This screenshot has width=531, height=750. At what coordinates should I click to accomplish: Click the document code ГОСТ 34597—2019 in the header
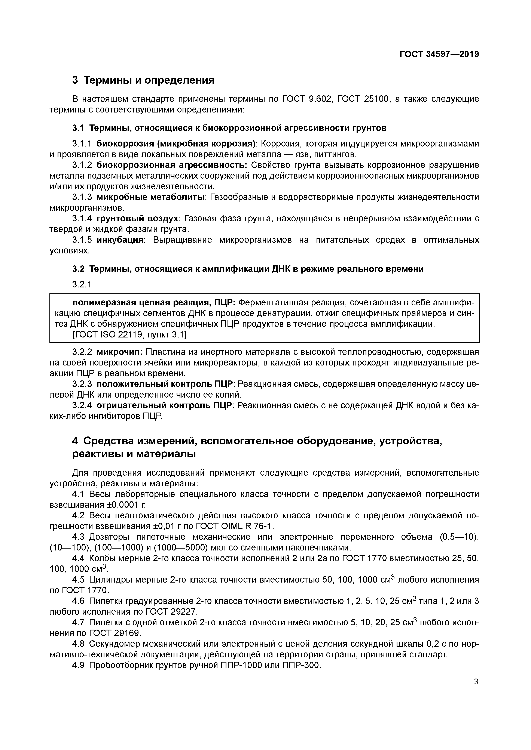[x=439, y=54]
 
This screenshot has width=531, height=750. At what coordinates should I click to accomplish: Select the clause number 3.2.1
[x=82, y=284]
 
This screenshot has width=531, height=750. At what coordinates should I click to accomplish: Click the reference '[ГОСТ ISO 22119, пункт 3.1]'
[x=129, y=335]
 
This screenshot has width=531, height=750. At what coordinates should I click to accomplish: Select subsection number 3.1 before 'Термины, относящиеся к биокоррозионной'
[x=78, y=128]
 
